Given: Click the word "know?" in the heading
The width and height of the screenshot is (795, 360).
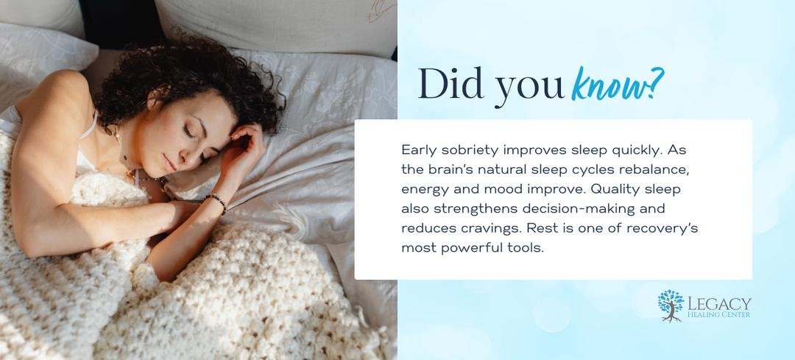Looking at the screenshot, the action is click(x=617, y=84).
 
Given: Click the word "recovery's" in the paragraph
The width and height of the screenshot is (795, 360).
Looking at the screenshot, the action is click(x=662, y=229).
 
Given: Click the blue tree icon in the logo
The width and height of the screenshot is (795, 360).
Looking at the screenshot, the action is click(x=671, y=306).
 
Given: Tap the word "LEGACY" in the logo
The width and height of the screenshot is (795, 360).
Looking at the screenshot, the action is click(x=719, y=304).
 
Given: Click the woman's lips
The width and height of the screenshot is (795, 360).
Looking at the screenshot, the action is click(x=170, y=163).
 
